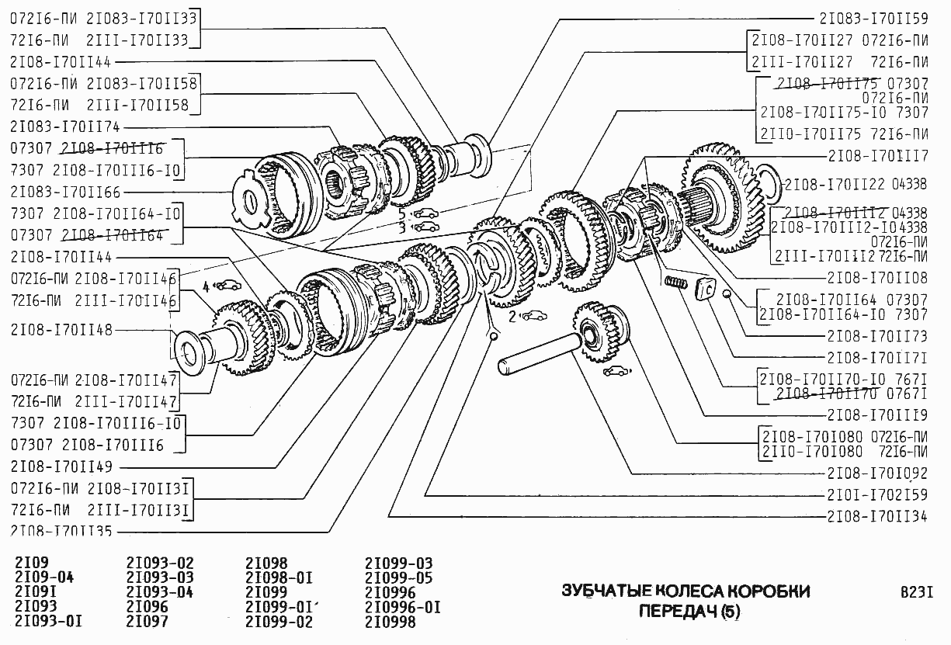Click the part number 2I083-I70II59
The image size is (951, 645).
[873, 16]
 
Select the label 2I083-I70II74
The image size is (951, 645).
[66, 127]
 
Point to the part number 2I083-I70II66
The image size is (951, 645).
[66, 192]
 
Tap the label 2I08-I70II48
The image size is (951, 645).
[61, 330]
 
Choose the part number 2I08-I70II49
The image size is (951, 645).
[61, 467]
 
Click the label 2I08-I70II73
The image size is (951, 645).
[877, 336]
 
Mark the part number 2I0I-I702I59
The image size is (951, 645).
[877, 494]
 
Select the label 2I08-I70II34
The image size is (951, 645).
[877, 516]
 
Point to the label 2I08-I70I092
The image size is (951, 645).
[877, 473]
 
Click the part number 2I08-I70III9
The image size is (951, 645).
[877, 414]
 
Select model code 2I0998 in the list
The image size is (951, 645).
[390, 622]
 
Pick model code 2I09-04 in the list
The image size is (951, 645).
[44, 577]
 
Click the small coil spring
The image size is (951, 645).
[675, 285]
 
